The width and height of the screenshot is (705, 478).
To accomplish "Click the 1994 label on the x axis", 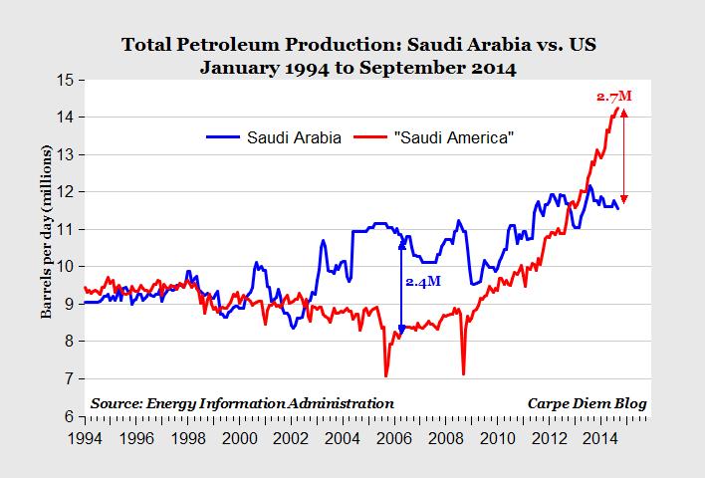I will pyautogui.click(x=83, y=435).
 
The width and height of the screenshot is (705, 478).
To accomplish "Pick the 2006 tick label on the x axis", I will pyautogui.click(x=393, y=435).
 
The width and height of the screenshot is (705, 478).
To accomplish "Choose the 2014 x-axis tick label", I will pyautogui.click(x=601, y=435).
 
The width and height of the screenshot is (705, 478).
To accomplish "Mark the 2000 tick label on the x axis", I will pyautogui.click(x=238, y=435).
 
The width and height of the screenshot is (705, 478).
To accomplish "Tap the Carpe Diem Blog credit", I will pyautogui.click(x=587, y=403).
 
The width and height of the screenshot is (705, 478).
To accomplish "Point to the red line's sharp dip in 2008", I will pyautogui.click(x=464, y=373).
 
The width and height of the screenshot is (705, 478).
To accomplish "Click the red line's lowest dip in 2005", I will pyautogui.click(x=385, y=375).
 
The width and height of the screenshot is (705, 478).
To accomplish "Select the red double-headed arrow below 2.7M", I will pyautogui.click(x=624, y=154).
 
